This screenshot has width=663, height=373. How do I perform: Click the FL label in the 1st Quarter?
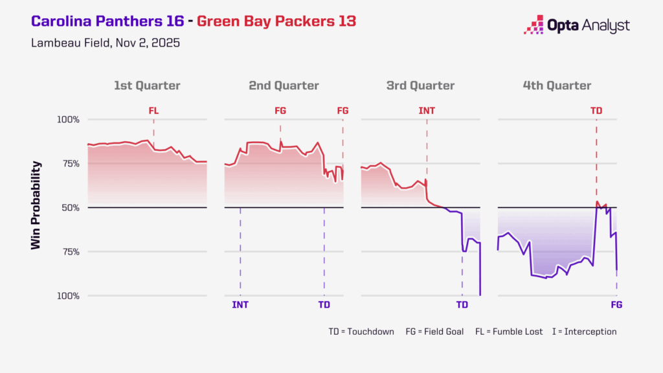[x=153, y=111]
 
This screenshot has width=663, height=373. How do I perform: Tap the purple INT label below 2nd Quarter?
[x=240, y=304]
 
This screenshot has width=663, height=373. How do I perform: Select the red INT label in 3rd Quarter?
[x=427, y=111]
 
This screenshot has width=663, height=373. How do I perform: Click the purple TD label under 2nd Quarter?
[x=324, y=304]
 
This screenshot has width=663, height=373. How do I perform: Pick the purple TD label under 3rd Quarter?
[x=462, y=304]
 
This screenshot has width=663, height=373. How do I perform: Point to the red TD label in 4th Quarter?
[x=596, y=111]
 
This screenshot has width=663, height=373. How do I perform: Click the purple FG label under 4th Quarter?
[x=616, y=304]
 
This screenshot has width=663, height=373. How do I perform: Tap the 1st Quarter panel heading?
[x=147, y=85]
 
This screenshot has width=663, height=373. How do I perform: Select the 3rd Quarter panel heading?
[x=420, y=85]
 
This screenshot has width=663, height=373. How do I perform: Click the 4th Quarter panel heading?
[x=557, y=85]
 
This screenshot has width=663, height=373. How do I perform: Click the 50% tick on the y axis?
[x=70, y=208]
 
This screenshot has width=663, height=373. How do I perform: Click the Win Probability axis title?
[x=36, y=206]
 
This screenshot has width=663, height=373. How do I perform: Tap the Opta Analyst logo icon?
[x=534, y=25]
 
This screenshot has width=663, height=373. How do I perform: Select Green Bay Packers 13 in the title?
[x=276, y=21]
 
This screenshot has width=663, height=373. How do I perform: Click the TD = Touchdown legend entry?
[x=361, y=332]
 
